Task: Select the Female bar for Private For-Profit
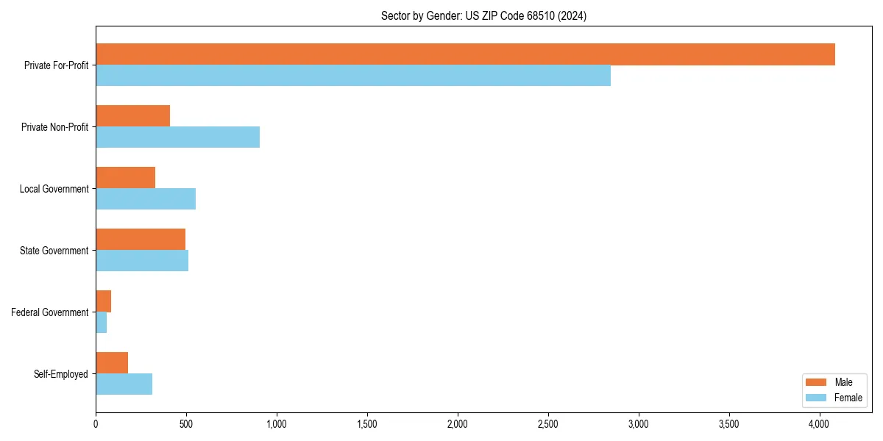click(x=353, y=76)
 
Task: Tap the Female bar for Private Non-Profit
click(x=177, y=137)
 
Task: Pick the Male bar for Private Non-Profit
click(x=132, y=116)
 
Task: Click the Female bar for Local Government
click(x=146, y=199)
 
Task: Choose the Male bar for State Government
click(x=141, y=240)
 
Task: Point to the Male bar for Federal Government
click(x=103, y=301)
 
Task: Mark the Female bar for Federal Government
click(x=101, y=323)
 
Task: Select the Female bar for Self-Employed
click(x=124, y=384)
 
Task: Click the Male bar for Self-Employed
click(x=112, y=363)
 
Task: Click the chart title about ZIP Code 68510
click(x=483, y=15)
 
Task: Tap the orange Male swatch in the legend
click(x=816, y=382)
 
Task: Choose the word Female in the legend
click(x=848, y=398)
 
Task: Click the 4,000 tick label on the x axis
click(x=820, y=424)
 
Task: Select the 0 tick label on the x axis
click(x=96, y=424)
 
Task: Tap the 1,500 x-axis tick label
click(x=367, y=424)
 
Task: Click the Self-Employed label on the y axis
click(x=61, y=374)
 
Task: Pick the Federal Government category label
click(x=50, y=312)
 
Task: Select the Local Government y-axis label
click(x=54, y=189)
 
